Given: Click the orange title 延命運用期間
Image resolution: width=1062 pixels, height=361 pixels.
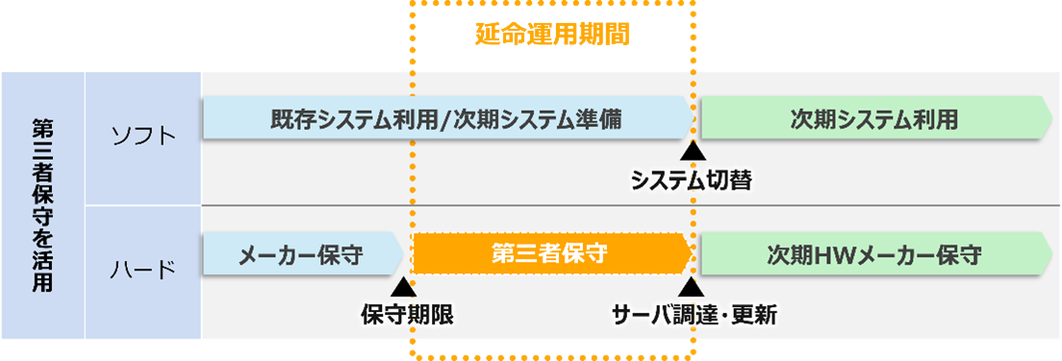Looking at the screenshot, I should coord(552,36).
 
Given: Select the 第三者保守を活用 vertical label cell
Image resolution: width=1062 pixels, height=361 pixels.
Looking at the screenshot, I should coord(42,205).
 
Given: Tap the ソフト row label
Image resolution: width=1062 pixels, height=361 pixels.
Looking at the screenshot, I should coord(143,137).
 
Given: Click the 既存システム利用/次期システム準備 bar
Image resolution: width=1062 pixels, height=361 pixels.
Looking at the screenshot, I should coord(445,119).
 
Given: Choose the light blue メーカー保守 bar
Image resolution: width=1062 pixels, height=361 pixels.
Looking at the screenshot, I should coord(300,255).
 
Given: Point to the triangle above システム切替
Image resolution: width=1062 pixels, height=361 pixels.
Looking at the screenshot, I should coord(692,151).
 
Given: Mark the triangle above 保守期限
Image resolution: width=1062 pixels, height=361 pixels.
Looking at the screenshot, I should coord(406,287).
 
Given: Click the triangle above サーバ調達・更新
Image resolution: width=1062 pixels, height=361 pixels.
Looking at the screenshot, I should coord(692,287).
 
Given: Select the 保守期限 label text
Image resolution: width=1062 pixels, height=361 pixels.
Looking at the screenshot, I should coord(406,314).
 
